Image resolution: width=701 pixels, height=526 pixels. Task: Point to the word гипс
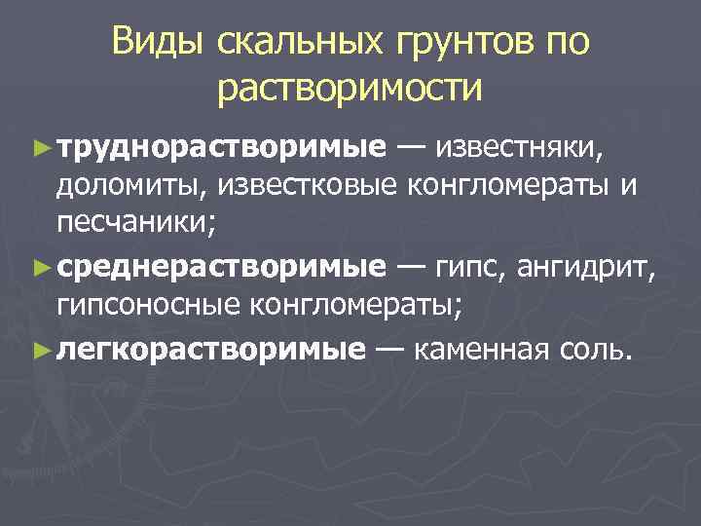click(x=468, y=268)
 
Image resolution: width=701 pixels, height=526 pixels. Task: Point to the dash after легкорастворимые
click(x=389, y=347)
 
